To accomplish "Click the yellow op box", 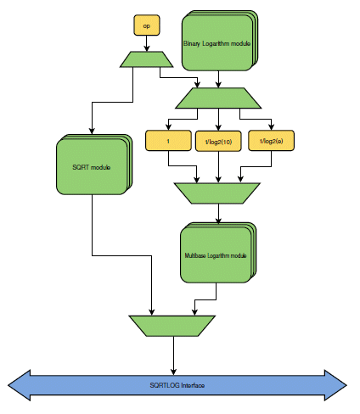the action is (147, 25).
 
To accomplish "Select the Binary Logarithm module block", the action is (220, 41).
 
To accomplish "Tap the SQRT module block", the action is (94, 165).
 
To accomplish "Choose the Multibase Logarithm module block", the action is (218, 253).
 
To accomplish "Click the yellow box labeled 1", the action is (168, 141).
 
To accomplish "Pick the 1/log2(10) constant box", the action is (218, 141).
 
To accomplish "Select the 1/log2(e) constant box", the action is (271, 141).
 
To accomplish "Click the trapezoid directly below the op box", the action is (147, 59).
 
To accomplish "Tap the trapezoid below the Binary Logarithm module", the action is (218, 98).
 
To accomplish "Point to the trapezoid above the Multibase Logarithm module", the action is (217, 193).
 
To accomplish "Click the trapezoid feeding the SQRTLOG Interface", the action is (172, 326).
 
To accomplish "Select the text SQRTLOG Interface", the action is (177, 385).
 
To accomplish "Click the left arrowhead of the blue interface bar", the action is (19, 385).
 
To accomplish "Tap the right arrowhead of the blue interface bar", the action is (335, 385).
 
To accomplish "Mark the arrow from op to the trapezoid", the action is (147, 43).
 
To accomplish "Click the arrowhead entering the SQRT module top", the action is (92, 131).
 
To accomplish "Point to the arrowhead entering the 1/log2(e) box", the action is (271, 127).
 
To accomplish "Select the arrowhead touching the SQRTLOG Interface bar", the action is (173, 372).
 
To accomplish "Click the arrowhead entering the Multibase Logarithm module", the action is (218, 221).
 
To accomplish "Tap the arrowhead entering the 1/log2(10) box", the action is (218, 127).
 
